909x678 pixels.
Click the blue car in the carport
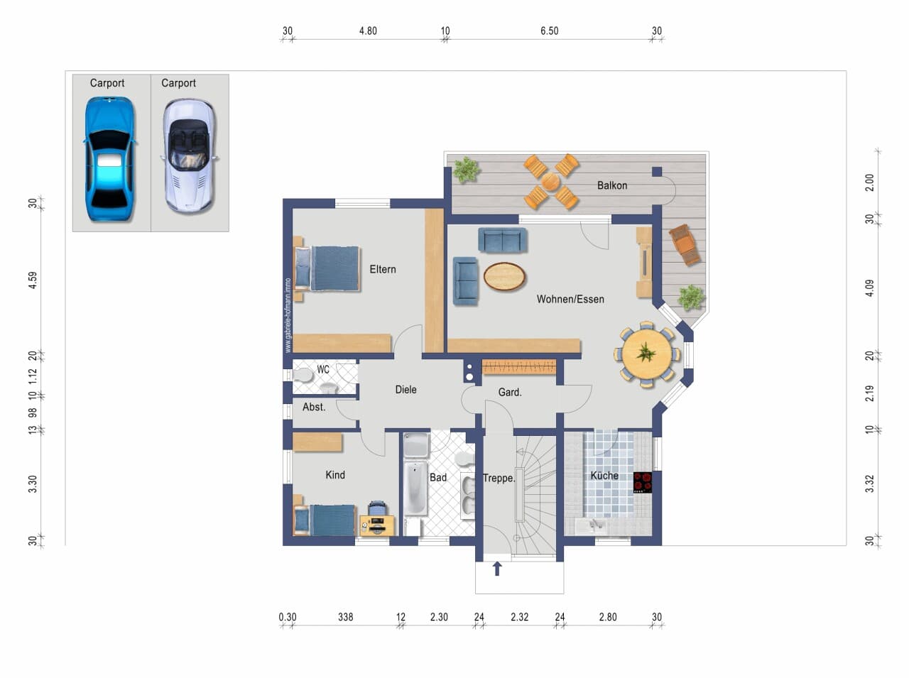pyautogui.click(x=110, y=159)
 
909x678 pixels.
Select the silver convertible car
pyautogui.click(x=190, y=155)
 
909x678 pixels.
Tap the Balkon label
pyautogui.click(x=612, y=185)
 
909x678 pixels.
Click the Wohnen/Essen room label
pyautogui.click(x=570, y=299)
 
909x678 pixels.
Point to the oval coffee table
pyautogui.click(x=504, y=276)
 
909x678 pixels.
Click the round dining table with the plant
pyautogui.click(x=646, y=354)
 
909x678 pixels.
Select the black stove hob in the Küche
pyautogui.click(x=643, y=482)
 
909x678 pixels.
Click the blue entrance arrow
pyautogui.click(x=497, y=568)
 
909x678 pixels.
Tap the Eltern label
pyautogui.click(x=383, y=269)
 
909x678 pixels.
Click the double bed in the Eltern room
pyautogui.click(x=327, y=268)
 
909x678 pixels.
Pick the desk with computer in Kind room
pyautogui.click(x=377, y=525)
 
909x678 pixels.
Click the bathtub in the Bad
pyautogui.click(x=415, y=489)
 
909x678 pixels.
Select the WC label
pyautogui.click(x=323, y=369)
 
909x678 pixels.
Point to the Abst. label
pyautogui.click(x=314, y=407)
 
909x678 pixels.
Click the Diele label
pyautogui.click(x=405, y=390)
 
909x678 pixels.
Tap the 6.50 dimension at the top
pyautogui.click(x=549, y=31)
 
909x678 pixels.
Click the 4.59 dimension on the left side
pyautogui.click(x=33, y=280)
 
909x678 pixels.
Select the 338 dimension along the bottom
pyautogui.click(x=345, y=617)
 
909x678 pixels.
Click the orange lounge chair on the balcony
pyautogui.click(x=685, y=244)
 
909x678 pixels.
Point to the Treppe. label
pyautogui.click(x=499, y=478)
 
